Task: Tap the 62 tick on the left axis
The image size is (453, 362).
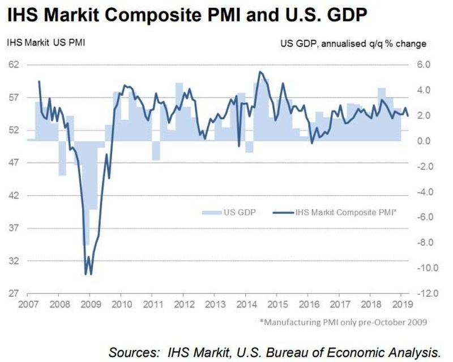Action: coord(13,64)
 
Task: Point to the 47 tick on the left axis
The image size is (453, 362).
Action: coord(13,162)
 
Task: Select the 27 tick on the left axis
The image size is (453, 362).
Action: coord(13,293)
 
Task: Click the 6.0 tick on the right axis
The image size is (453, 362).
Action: coord(424,64)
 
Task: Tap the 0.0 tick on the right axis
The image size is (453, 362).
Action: coord(424,141)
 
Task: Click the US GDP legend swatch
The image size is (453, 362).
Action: coord(211,213)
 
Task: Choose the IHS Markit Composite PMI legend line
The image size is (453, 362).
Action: coord(283,213)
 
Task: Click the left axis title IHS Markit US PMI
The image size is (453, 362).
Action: coord(46,43)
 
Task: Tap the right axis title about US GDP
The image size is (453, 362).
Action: coord(353,44)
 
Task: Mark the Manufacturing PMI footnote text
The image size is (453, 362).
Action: coord(343,322)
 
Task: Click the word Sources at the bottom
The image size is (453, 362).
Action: coord(134,352)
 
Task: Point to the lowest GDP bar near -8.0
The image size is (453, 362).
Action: coord(86,193)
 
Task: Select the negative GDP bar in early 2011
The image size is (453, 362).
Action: coord(156,150)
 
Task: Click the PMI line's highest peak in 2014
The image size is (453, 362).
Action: coord(260,71)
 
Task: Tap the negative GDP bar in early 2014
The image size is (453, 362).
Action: coord(250,146)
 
